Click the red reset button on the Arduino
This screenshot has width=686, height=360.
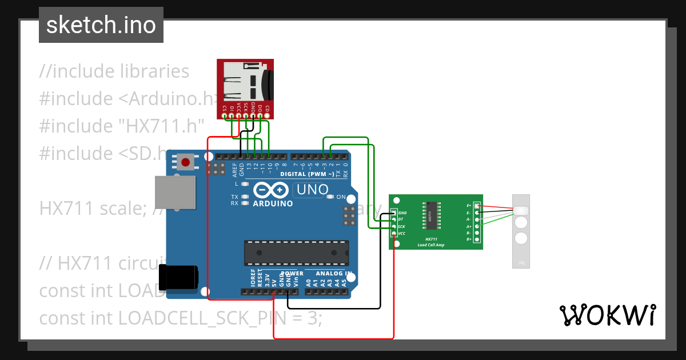[185, 162]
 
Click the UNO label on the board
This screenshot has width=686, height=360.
[312, 189]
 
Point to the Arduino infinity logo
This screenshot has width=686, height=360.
[273, 190]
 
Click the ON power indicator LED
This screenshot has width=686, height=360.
[330, 197]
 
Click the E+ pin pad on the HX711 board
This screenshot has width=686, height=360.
[477, 206]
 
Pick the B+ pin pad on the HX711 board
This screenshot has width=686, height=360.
[477, 239]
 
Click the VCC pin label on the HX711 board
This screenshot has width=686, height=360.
[402, 233]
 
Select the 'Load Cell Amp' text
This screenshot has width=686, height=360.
[436, 245]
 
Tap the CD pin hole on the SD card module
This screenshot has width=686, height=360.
[267, 117]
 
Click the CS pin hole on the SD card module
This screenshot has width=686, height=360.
[225, 117]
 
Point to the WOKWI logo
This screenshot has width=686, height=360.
[607, 315]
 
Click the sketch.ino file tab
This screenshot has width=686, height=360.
[101, 25]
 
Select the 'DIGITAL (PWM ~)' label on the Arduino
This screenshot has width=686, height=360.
[309, 174]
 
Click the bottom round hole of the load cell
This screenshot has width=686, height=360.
[521, 238]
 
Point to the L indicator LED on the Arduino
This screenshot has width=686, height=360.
[245, 184]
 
